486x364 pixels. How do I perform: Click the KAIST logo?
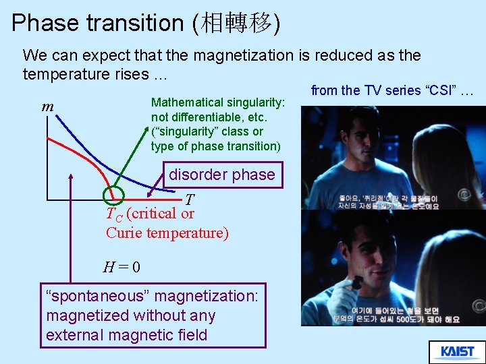click(x=457, y=352)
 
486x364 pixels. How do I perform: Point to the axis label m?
click(x=48, y=107)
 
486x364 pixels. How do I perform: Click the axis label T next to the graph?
click(x=190, y=200)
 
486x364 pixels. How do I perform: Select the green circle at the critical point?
click(x=113, y=195)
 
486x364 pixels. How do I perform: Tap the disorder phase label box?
click(x=221, y=175)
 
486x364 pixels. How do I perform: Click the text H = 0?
click(x=122, y=267)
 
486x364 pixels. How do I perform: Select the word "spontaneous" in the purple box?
click(x=88, y=296)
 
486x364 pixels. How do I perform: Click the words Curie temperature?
click(x=167, y=233)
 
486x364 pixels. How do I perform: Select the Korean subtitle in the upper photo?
click(x=388, y=202)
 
